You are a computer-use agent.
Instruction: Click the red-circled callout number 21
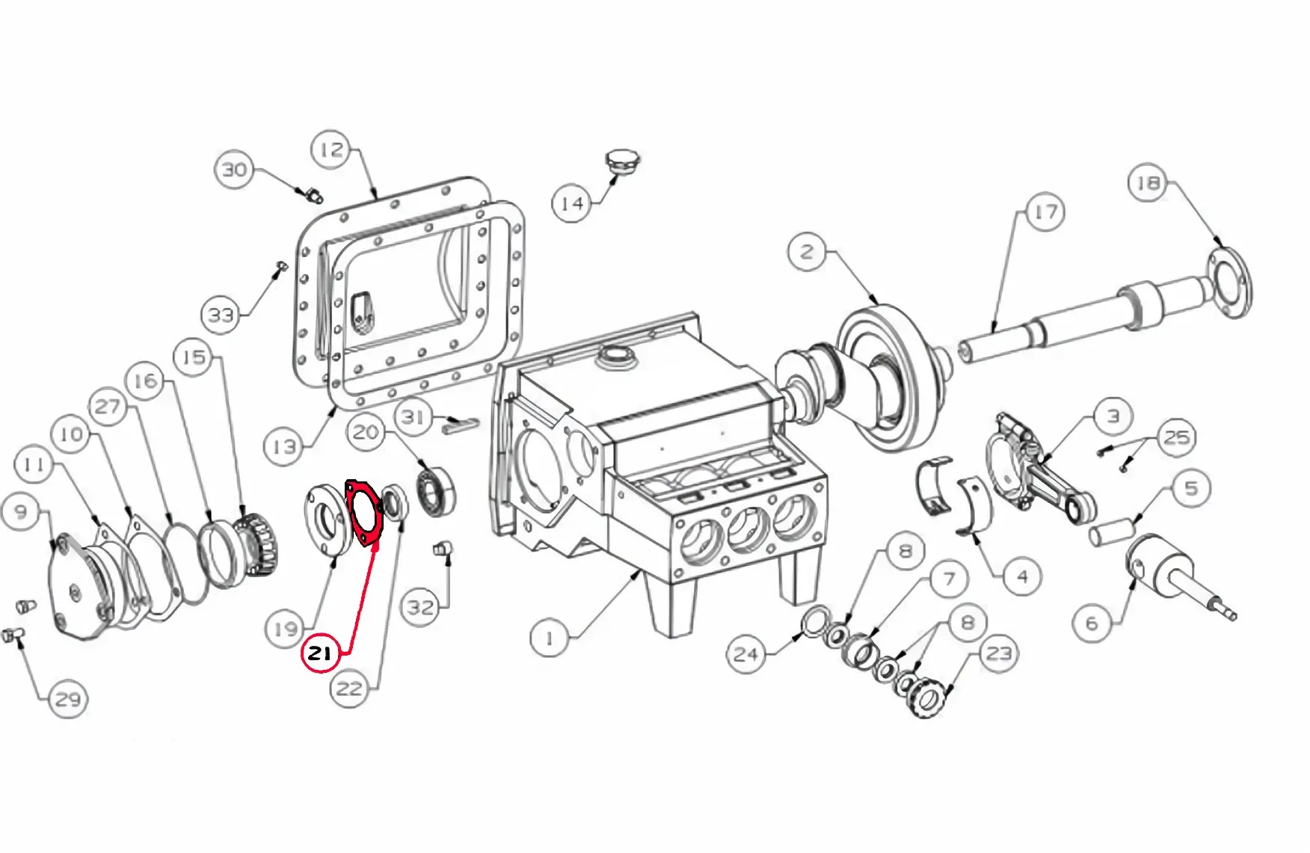319,653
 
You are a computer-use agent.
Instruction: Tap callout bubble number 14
572,203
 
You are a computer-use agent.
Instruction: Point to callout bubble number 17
1045,212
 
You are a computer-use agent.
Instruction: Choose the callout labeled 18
1148,182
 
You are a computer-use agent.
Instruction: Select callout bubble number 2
807,251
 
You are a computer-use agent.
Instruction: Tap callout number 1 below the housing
550,638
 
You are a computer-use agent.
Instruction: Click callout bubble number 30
234,169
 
